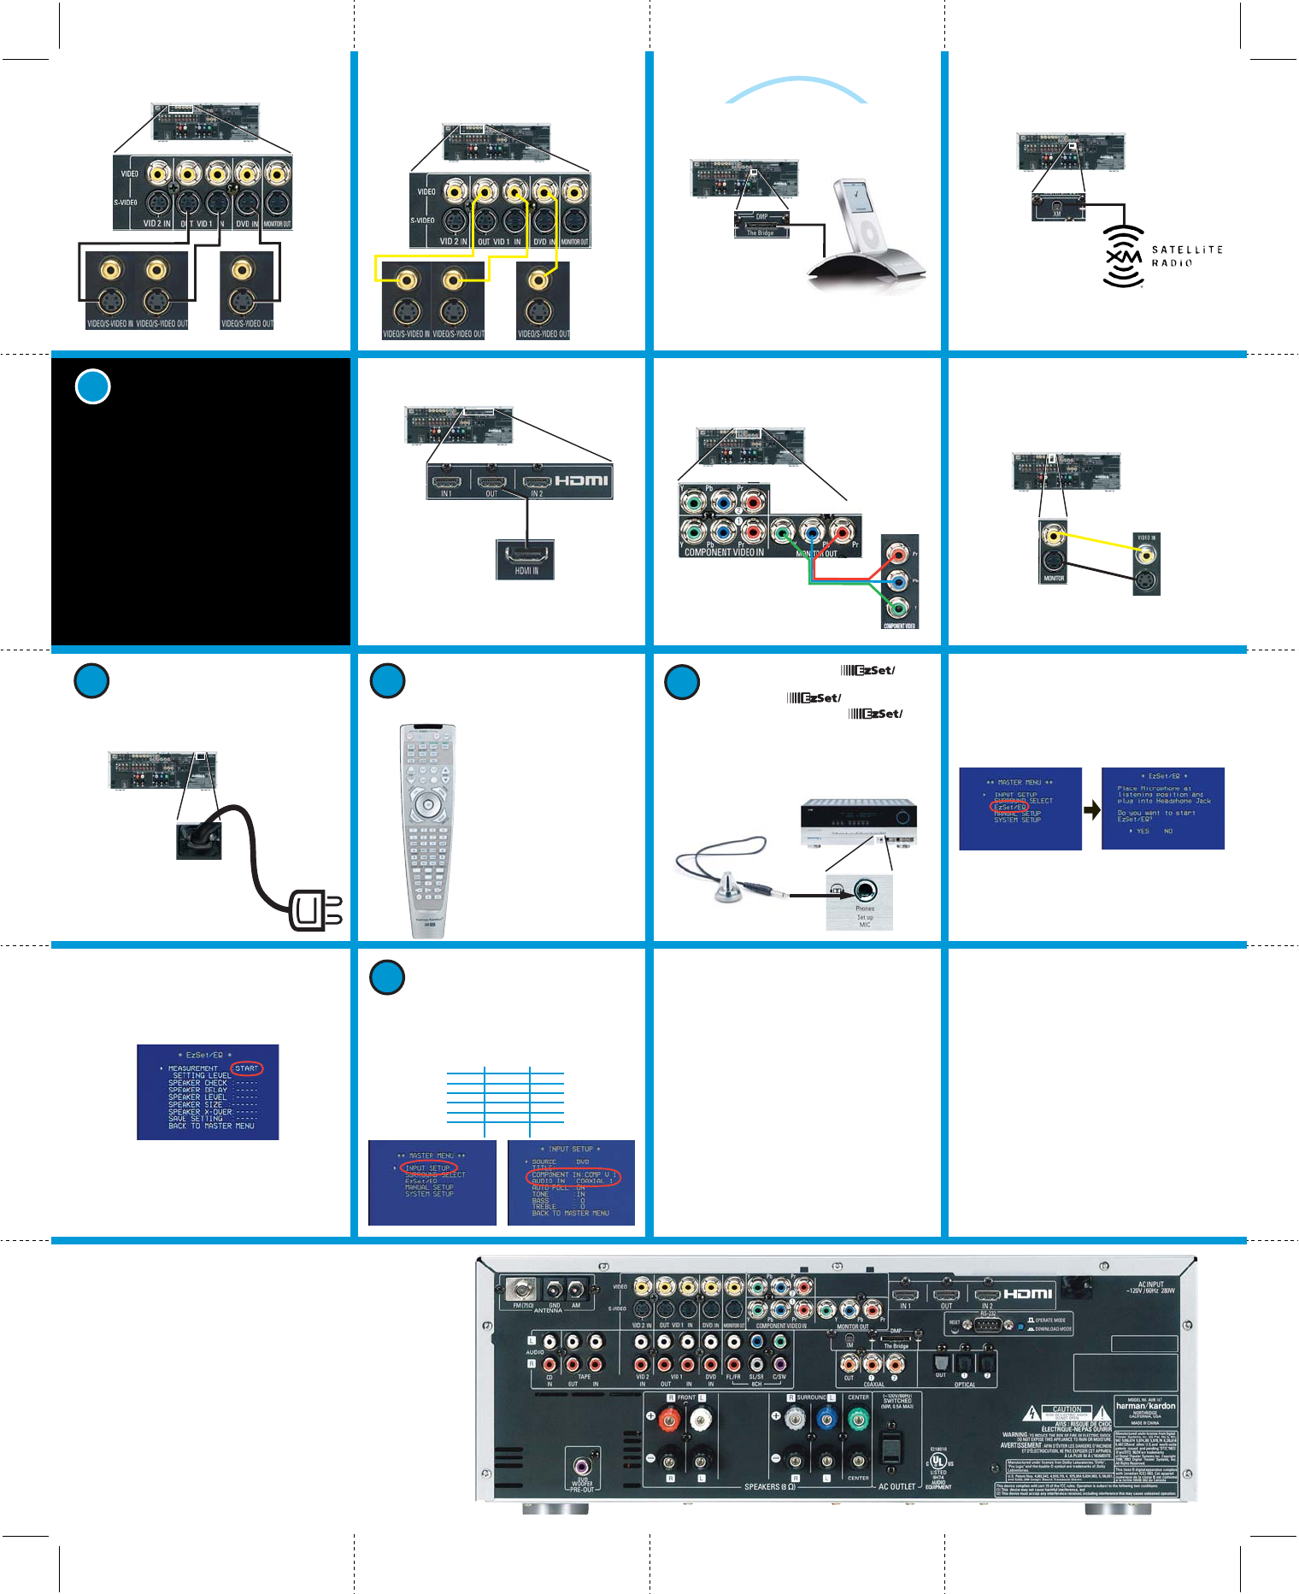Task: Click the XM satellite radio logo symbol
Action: (1123, 256)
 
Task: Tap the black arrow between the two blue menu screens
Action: (1092, 809)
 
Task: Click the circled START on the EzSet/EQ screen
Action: (246, 1068)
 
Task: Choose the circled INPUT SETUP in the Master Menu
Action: (428, 1168)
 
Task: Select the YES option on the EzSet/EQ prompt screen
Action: (1142, 831)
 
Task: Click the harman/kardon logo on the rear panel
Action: (1145, 1406)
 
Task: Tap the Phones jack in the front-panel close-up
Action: (865, 891)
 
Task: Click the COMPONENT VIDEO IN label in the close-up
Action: (724, 552)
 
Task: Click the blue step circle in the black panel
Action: (93, 386)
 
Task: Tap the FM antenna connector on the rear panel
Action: (520, 1288)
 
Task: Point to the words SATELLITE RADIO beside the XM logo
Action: (1186, 256)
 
